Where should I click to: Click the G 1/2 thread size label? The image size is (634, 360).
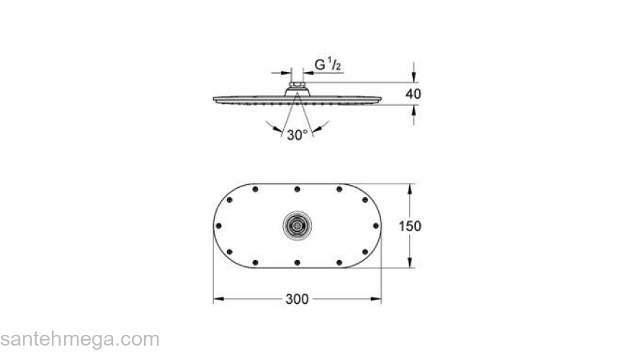(x=328, y=65)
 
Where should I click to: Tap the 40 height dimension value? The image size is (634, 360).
(x=413, y=94)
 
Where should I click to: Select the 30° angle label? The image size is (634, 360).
(x=297, y=135)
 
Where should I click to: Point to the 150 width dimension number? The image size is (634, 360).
(x=411, y=226)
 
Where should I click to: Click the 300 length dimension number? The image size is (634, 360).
(x=297, y=299)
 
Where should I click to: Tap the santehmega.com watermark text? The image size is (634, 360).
(x=79, y=339)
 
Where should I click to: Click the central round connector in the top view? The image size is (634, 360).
(x=297, y=225)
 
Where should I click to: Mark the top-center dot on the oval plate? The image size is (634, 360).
(x=297, y=189)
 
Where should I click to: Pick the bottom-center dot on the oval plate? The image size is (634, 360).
(x=297, y=262)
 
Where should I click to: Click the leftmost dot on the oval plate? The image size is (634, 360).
(x=216, y=225)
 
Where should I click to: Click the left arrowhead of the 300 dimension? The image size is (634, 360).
(x=217, y=299)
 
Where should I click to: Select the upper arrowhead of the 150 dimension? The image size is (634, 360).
(x=411, y=188)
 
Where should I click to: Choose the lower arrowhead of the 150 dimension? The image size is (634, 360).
(x=411, y=264)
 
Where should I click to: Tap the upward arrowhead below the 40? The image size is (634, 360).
(x=414, y=109)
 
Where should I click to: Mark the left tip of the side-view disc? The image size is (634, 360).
(x=215, y=99)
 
